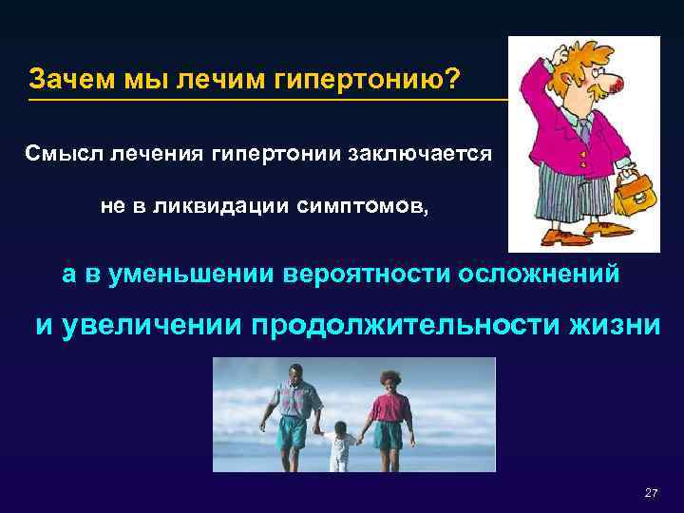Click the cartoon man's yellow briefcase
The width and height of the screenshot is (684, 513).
(628, 196)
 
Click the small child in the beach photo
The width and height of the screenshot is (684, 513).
(341, 447)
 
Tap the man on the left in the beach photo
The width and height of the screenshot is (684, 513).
(293, 412)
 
